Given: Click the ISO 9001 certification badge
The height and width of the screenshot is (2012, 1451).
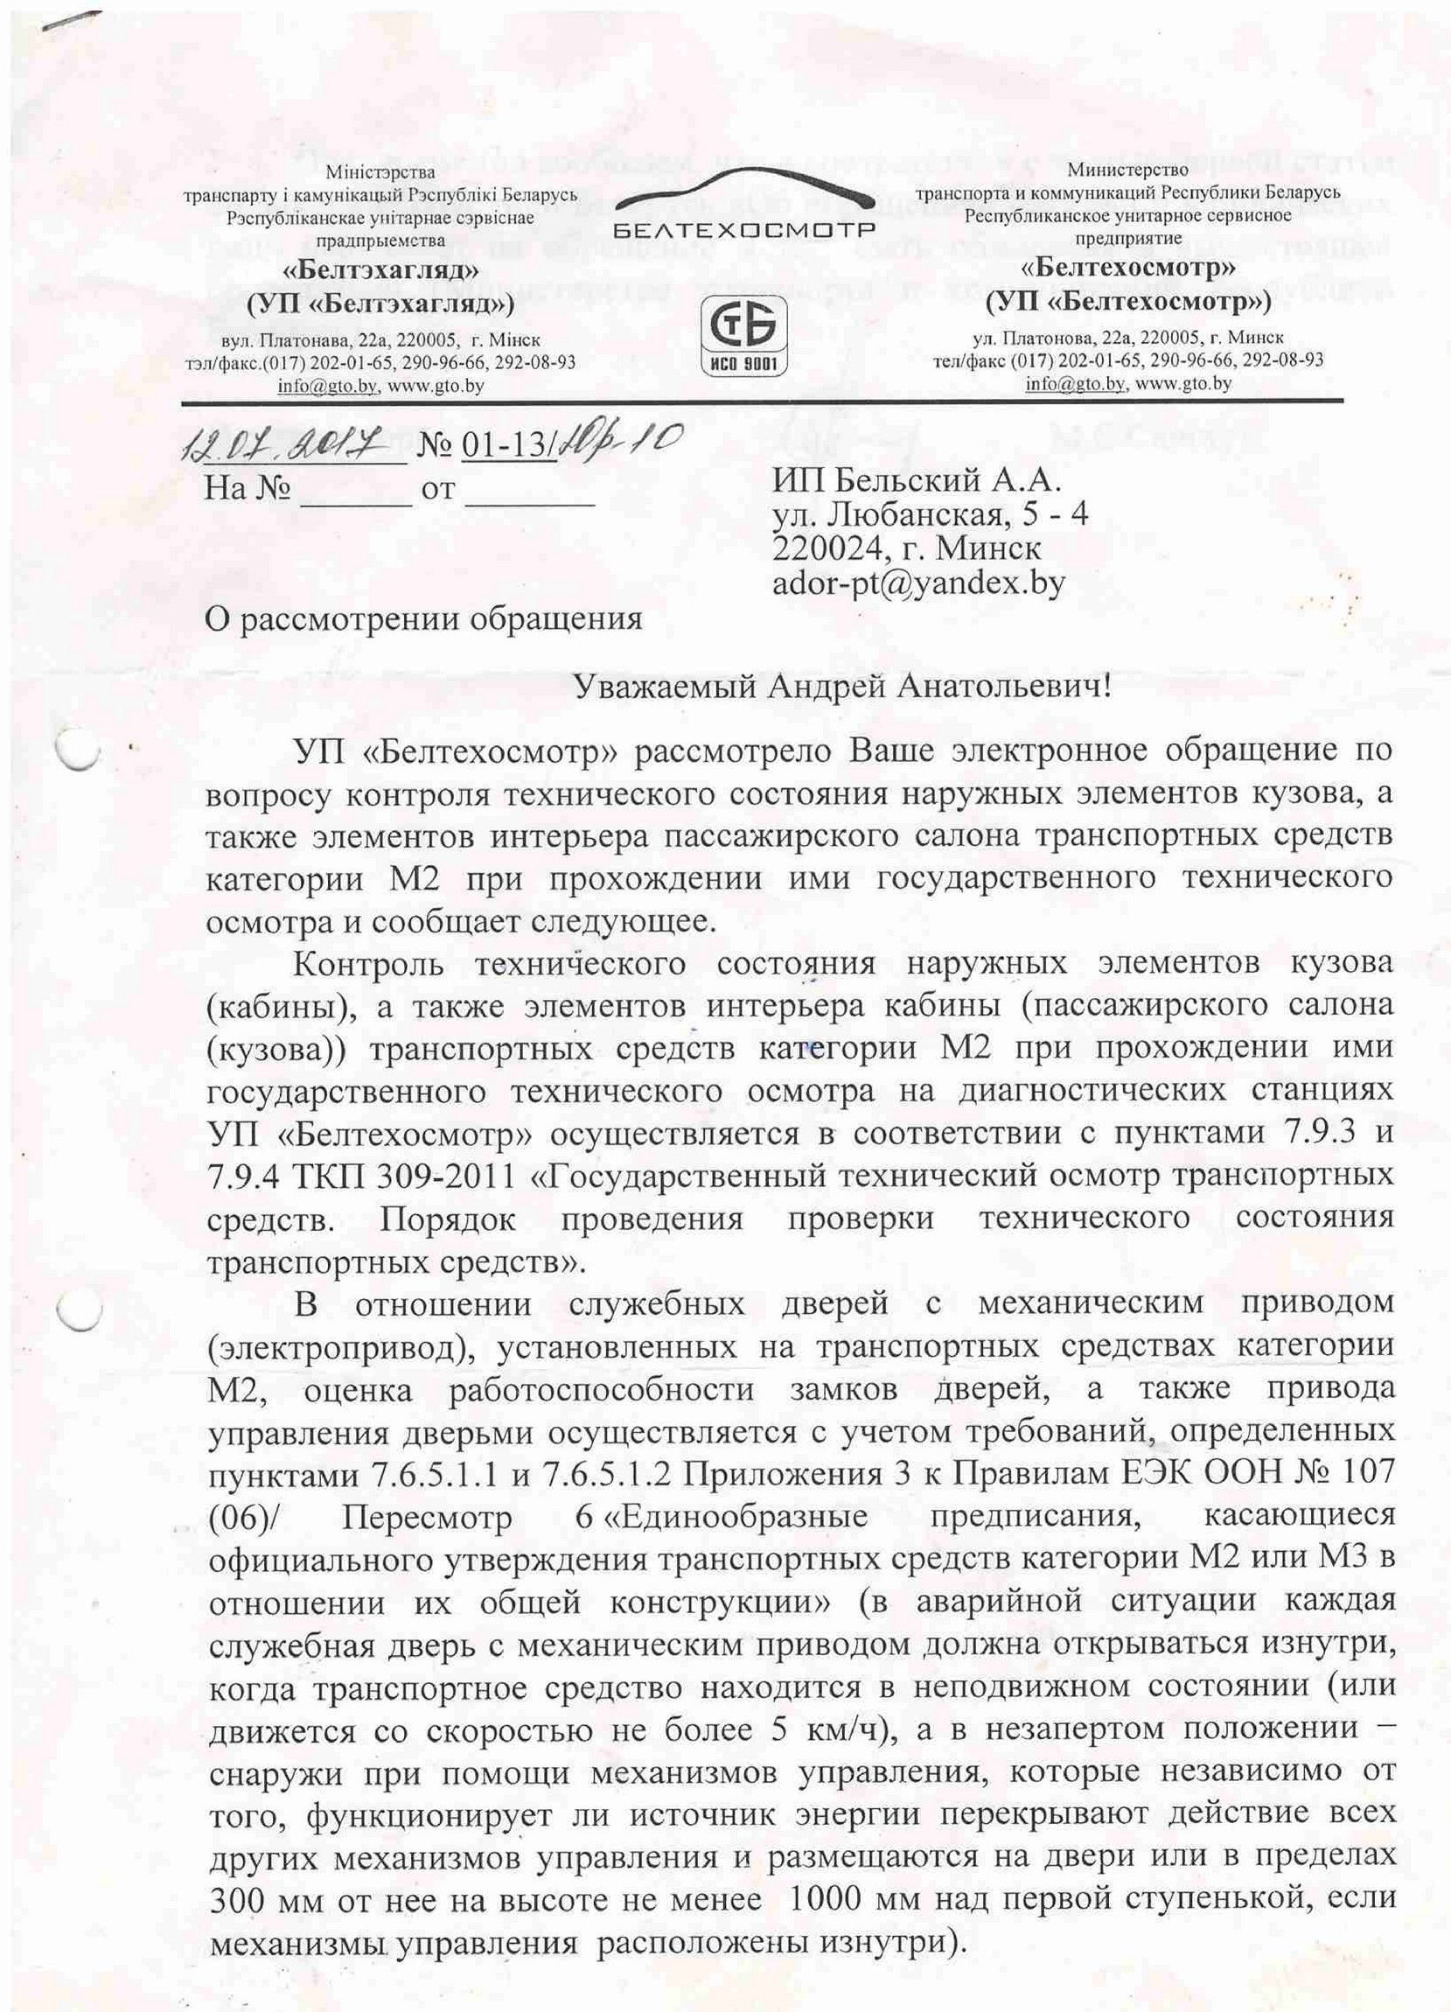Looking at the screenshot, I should (x=745, y=338).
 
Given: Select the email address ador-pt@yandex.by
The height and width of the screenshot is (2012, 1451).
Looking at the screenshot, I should (x=919, y=583).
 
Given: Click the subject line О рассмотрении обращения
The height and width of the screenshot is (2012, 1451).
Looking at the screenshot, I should (x=423, y=618).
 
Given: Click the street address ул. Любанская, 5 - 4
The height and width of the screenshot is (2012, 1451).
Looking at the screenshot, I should (x=931, y=513).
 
